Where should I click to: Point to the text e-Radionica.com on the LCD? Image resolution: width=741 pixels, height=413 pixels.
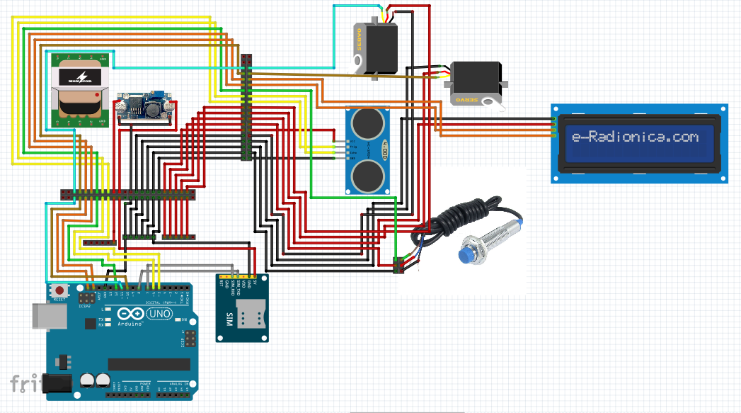[x=635, y=137]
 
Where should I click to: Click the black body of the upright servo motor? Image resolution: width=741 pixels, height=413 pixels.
[x=381, y=48]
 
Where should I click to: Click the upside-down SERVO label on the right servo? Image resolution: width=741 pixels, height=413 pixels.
[x=469, y=100]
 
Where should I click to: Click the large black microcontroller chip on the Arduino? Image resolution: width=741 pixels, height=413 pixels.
[x=149, y=364]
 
